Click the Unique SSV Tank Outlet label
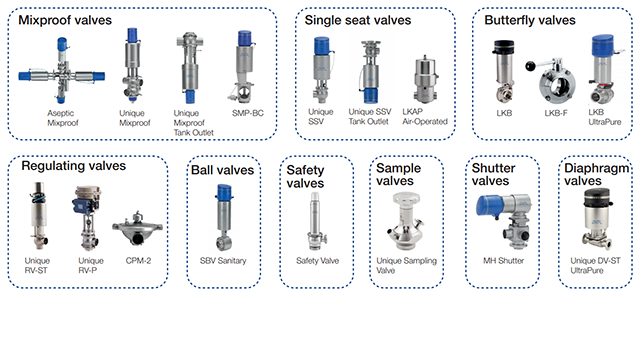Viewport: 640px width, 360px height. [x=371, y=115]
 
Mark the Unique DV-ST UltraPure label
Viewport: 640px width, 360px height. [x=596, y=266]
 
